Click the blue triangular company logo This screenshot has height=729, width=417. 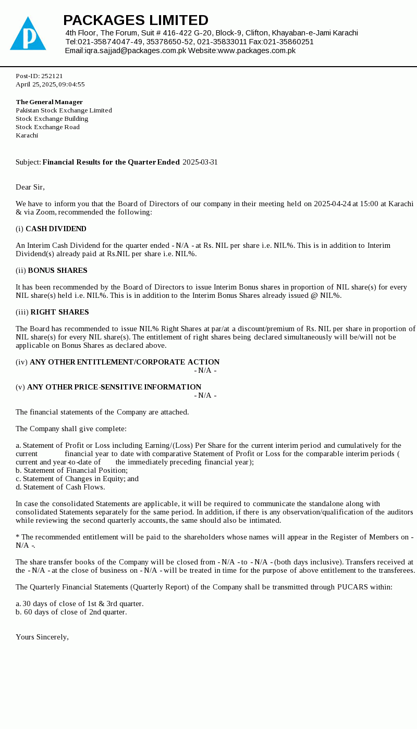pos(28,34)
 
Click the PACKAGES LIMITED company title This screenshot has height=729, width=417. pos(136,20)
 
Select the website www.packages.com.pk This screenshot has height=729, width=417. pos(256,51)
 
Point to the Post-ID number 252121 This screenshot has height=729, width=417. pos(52,76)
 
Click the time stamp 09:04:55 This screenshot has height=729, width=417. pos(71,84)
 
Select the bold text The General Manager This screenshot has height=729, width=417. pos(49,102)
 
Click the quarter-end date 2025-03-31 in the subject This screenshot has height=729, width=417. pos(200,162)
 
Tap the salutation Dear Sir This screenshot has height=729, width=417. pos(30,187)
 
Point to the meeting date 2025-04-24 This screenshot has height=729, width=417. pos(332,204)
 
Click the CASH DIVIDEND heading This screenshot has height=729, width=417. pos(56,229)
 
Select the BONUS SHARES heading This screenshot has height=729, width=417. pos(57,271)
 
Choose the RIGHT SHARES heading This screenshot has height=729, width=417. pos(59,312)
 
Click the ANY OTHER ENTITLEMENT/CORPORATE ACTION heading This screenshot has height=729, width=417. pos(125,362)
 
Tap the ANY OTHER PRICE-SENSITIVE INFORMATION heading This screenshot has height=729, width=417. pos(114,387)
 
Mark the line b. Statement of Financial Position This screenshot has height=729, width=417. pos(71,471)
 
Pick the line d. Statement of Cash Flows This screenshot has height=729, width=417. pos(60,487)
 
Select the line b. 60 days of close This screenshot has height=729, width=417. pos(71,612)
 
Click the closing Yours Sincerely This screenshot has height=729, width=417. pos(42,637)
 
